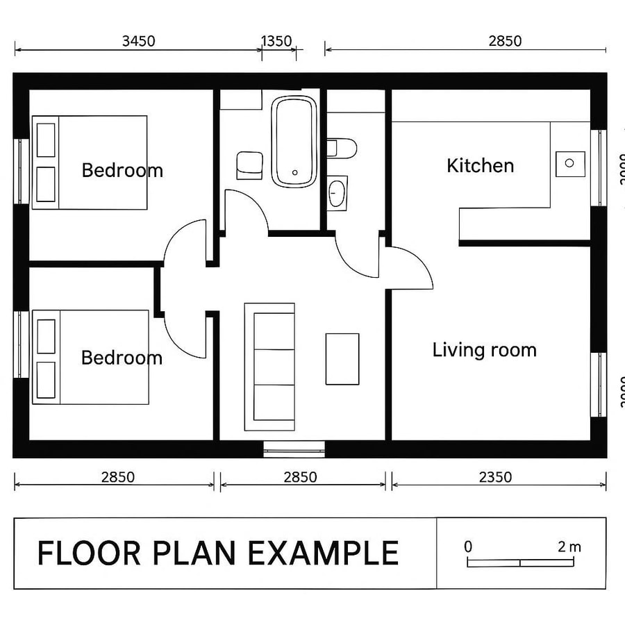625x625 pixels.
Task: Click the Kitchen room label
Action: click(x=480, y=166)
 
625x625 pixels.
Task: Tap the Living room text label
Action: click(x=484, y=350)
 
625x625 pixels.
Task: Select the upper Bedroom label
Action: click(x=122, y=170)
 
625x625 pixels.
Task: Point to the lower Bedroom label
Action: click(x=122, y=358)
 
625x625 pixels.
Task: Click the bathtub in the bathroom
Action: click(x=294, y=141)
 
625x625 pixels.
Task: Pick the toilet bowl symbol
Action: click(x=342, y=148)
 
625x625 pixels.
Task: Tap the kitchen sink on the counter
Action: click(x=570, y=163)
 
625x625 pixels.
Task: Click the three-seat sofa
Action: click(x=269, y=366)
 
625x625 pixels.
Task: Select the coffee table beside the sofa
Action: click(x=342, y=359)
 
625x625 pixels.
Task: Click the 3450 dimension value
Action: click(x=138, y=41)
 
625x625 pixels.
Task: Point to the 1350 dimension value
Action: click(x=276, y=41)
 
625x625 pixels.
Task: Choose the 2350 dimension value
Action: click(x=495, y=477)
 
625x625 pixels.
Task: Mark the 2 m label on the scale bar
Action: click(x=569, y=547)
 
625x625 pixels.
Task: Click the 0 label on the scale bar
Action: click(x=468, y=547)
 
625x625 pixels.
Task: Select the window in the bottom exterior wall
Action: click(x=294, y=449)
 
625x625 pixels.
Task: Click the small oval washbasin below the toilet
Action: click(x=337, y=192)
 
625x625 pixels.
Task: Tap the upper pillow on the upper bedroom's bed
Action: click(x=46, y=140)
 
